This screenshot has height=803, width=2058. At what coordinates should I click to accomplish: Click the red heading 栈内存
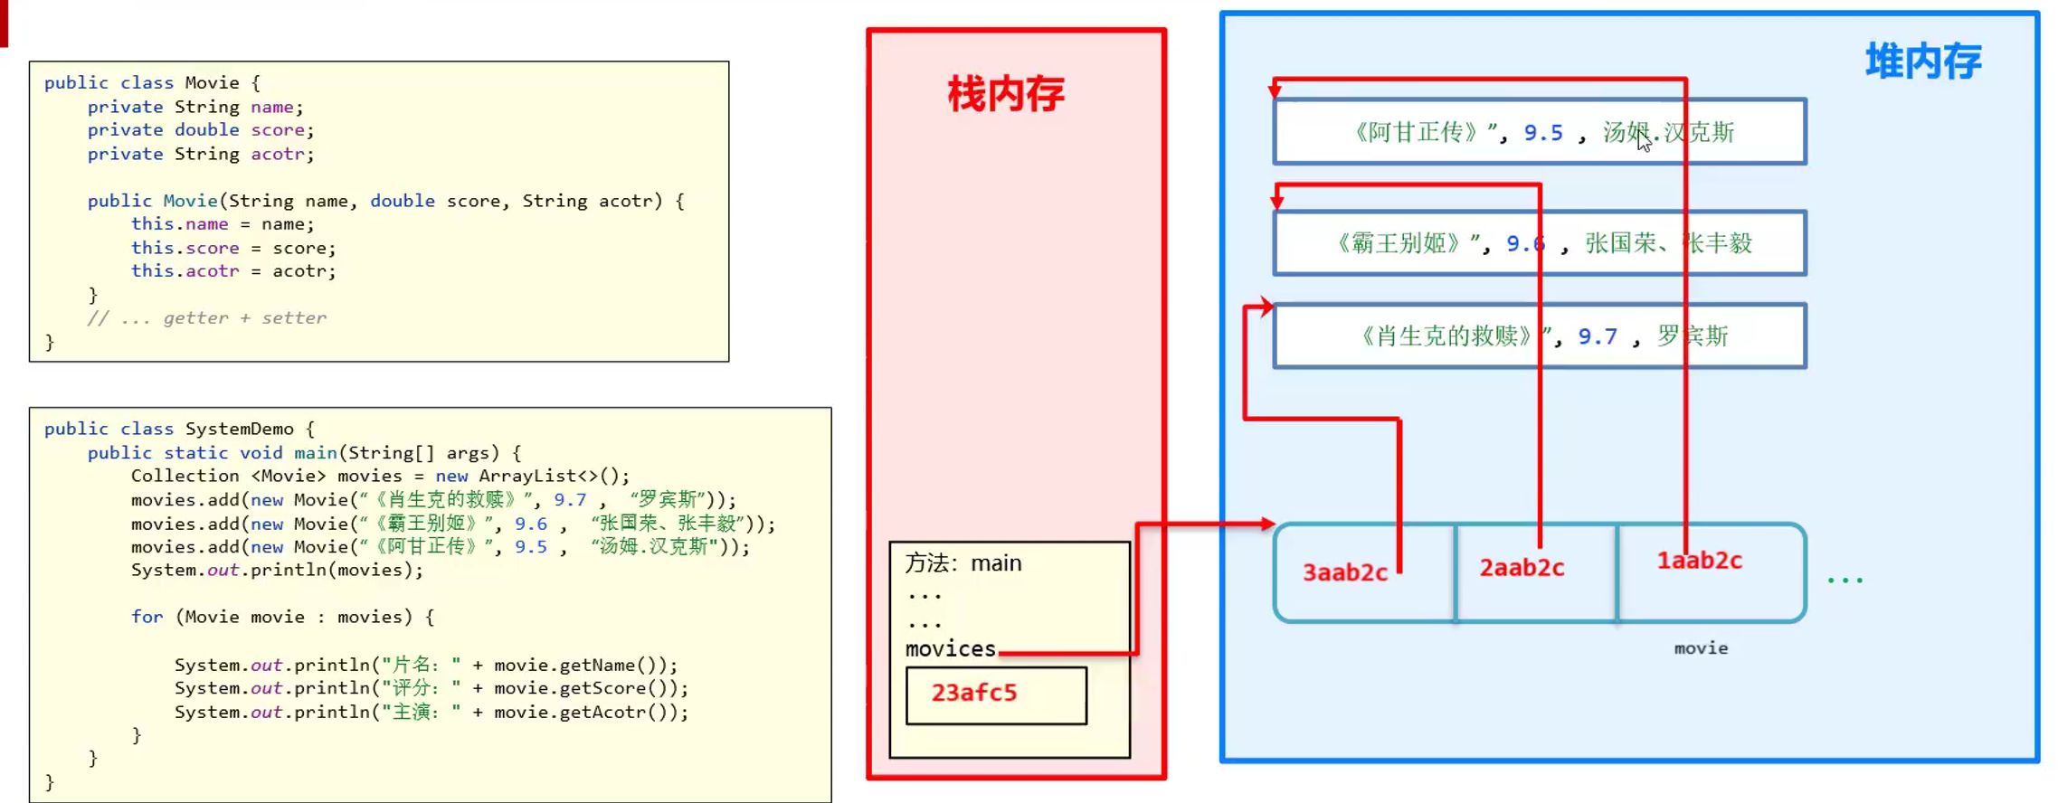[x=1006, y=94]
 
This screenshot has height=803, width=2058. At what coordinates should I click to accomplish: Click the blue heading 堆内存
[x=1923, y=62]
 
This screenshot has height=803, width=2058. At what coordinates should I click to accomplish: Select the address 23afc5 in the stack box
[x=974, y=693]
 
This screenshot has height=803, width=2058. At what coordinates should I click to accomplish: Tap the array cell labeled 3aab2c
[x=1344, y=572]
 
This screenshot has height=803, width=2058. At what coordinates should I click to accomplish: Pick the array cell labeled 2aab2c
[x=1522, y=568]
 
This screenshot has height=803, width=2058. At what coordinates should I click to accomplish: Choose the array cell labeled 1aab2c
[x=1699, y=561]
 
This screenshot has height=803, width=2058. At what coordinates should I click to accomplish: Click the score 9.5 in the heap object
[x=1543, y=133]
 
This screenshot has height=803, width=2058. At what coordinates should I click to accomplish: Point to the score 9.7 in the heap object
[x=1598, y=336]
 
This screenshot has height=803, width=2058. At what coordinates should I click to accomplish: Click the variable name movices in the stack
[x=950, y=648]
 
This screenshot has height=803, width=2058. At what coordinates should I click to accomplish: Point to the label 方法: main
[x=963, y=563]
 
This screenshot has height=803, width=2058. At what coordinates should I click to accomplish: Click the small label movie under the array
[x=1701, y=648]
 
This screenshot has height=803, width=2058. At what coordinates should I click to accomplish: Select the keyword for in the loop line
[x=147, y=617]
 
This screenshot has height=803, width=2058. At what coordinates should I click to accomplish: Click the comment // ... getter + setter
[x=207, y=317]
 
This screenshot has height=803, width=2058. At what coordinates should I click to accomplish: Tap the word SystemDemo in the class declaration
[x=240, y=429]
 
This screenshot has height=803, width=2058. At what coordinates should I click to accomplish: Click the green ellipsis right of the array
[x=1845, y=580]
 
